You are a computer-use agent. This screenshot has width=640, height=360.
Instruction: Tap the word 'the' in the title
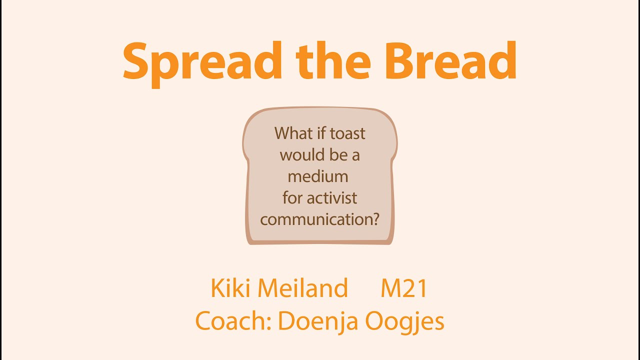[333, 60]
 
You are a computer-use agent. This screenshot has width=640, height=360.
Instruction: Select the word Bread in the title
[451, 60]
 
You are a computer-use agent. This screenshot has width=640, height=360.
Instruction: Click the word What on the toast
[293, 133]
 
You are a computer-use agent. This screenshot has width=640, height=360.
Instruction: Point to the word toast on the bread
[347, 133]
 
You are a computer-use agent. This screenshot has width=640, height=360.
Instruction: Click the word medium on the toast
[318, 176]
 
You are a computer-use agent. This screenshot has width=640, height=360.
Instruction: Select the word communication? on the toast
[319, 219]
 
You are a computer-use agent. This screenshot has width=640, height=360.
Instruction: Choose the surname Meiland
[303, 288]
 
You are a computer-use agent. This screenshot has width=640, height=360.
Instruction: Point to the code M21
[404, 288]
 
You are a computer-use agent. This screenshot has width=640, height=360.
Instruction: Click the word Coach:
[233, 321]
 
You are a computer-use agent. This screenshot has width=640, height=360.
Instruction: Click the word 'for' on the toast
[293, 197]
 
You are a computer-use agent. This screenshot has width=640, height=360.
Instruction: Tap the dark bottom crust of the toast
[320, 242]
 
